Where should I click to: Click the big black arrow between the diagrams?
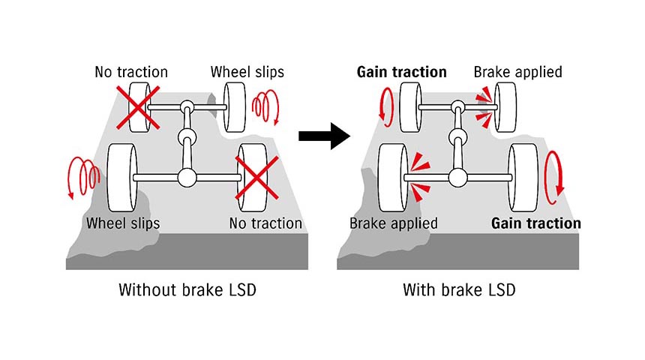pos(324,136)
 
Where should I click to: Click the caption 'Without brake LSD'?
pos(187,290)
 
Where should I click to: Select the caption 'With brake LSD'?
pos(459,290)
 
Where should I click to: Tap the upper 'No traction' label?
pos(131,73)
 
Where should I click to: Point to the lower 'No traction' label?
pos(265,223)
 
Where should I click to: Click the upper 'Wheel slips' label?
pos(247,73)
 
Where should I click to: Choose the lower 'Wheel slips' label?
pos(123,223)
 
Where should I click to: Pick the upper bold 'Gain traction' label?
pos(401,73)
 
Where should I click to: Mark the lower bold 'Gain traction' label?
pos(535,223)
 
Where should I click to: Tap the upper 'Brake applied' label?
pos(517,73)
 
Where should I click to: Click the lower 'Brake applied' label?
pos(394,223)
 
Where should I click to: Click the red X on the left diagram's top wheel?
pos(136,108)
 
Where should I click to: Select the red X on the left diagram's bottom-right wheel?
pos(257,177)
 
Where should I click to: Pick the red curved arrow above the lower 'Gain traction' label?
pos(553,177)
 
